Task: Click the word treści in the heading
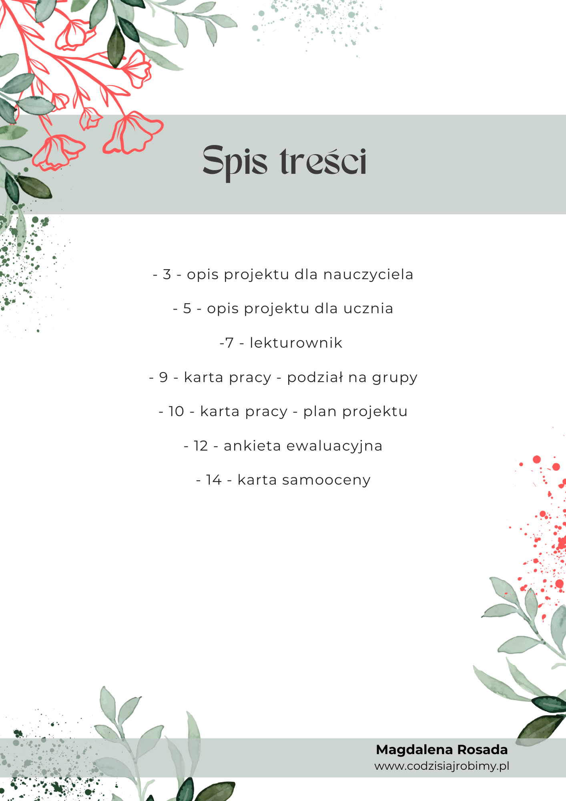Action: (323, 161)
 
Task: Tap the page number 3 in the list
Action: (167, 274)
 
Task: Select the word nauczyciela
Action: (368, 274)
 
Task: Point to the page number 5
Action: (187, 309)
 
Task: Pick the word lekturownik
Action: (296, 343)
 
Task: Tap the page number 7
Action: (229, 343)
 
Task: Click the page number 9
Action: (163, 377)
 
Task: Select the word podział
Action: (315, 377)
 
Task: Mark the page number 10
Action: (176, 411)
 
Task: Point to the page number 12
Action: (201, 446)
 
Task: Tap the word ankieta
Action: (252, 446)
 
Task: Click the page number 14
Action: (214, 480)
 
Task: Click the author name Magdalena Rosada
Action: (442, 750)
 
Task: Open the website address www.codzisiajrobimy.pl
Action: (442, 766)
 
